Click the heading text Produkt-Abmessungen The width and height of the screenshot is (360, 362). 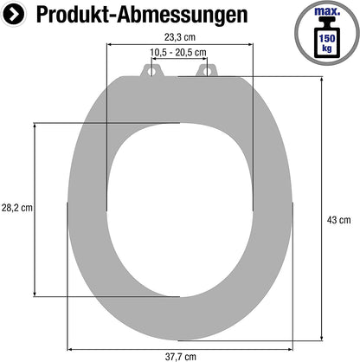pos(142,15)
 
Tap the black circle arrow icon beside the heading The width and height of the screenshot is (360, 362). pos(13,14)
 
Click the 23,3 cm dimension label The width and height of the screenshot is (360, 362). pos(180,37)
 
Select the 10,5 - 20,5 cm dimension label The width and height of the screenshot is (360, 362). pos(178,53)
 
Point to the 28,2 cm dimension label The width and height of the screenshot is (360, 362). pos(17,208)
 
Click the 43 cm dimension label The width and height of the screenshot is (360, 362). pos(338,220)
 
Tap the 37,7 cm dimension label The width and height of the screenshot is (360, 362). pos(181,357)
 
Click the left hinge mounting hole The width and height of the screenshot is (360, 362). pos(151,70)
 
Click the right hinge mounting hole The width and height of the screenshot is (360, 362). pos(207,70)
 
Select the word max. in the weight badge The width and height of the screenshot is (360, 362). pos(327,11)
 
